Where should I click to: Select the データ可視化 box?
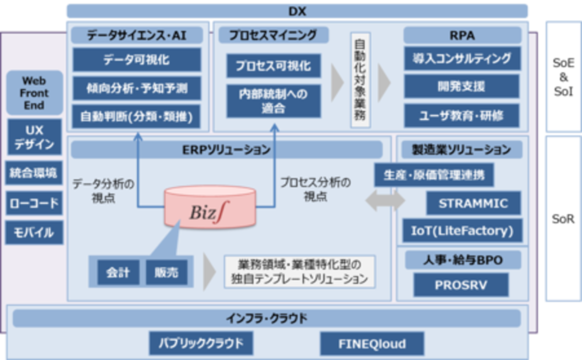pos(137,60)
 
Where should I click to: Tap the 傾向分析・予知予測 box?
pos(137,88)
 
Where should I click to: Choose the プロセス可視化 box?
pos(273,65)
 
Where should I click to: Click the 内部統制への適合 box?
pos(273,101)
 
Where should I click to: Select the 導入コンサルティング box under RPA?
pos(462,58)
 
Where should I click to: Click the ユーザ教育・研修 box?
pos(462,116)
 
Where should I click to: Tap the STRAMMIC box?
pos(473,204)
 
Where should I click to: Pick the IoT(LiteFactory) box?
pos(462,231)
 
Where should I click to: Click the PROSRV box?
pos(461,286)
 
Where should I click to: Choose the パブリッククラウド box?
pos(201,343)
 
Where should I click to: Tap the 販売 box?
pos(166,272)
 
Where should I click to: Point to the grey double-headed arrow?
pos(385,201)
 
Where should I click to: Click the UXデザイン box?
pos(34,137)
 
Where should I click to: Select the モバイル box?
pos(34,233)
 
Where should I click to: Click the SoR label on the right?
pos(563,219)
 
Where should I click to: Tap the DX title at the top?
pos(297,11)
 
